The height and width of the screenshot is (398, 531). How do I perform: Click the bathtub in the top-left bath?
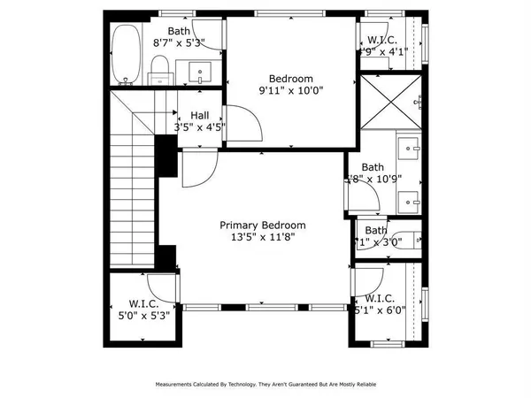click(127, 55)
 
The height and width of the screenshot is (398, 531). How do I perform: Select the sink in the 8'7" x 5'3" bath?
click(199, 71)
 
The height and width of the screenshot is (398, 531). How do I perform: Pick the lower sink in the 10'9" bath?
click(409, 201)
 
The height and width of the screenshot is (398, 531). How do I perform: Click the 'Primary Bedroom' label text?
click(263, 226)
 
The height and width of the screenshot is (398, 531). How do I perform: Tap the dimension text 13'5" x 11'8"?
click(263, 238)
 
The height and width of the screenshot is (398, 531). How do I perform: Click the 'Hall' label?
click(199, 115)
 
